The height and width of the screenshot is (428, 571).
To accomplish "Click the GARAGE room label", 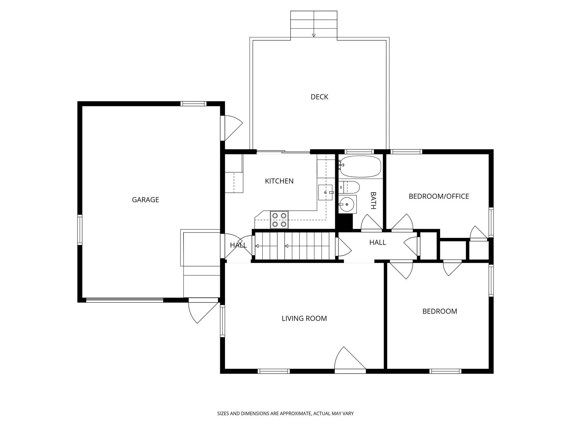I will pos(145,200).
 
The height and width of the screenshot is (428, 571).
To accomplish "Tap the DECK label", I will pos(319,97).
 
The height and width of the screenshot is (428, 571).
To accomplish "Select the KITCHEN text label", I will pos(279,181).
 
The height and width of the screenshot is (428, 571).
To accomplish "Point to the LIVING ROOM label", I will pos(304,318).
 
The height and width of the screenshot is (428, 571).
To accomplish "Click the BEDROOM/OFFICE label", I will pos(439,196).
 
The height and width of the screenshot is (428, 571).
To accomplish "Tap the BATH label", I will pos(373,201).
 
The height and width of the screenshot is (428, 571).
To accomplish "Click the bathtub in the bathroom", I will pos(360,166).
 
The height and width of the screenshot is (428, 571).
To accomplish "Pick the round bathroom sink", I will pos(347,204).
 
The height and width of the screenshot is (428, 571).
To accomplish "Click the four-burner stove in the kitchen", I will pos(279,220).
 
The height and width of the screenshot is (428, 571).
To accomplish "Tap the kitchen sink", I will pos(325,192).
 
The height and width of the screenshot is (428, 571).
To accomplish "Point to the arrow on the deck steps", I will pos(314,35).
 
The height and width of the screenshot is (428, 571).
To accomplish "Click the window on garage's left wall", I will pos(80,230).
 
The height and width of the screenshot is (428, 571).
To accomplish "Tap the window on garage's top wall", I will pos(193,104).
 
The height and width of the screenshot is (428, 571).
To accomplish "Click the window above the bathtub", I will pos(359,152).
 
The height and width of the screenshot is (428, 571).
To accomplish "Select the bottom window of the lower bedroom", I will pos(445,371).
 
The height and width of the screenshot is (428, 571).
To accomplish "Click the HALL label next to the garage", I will pos(238,245).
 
